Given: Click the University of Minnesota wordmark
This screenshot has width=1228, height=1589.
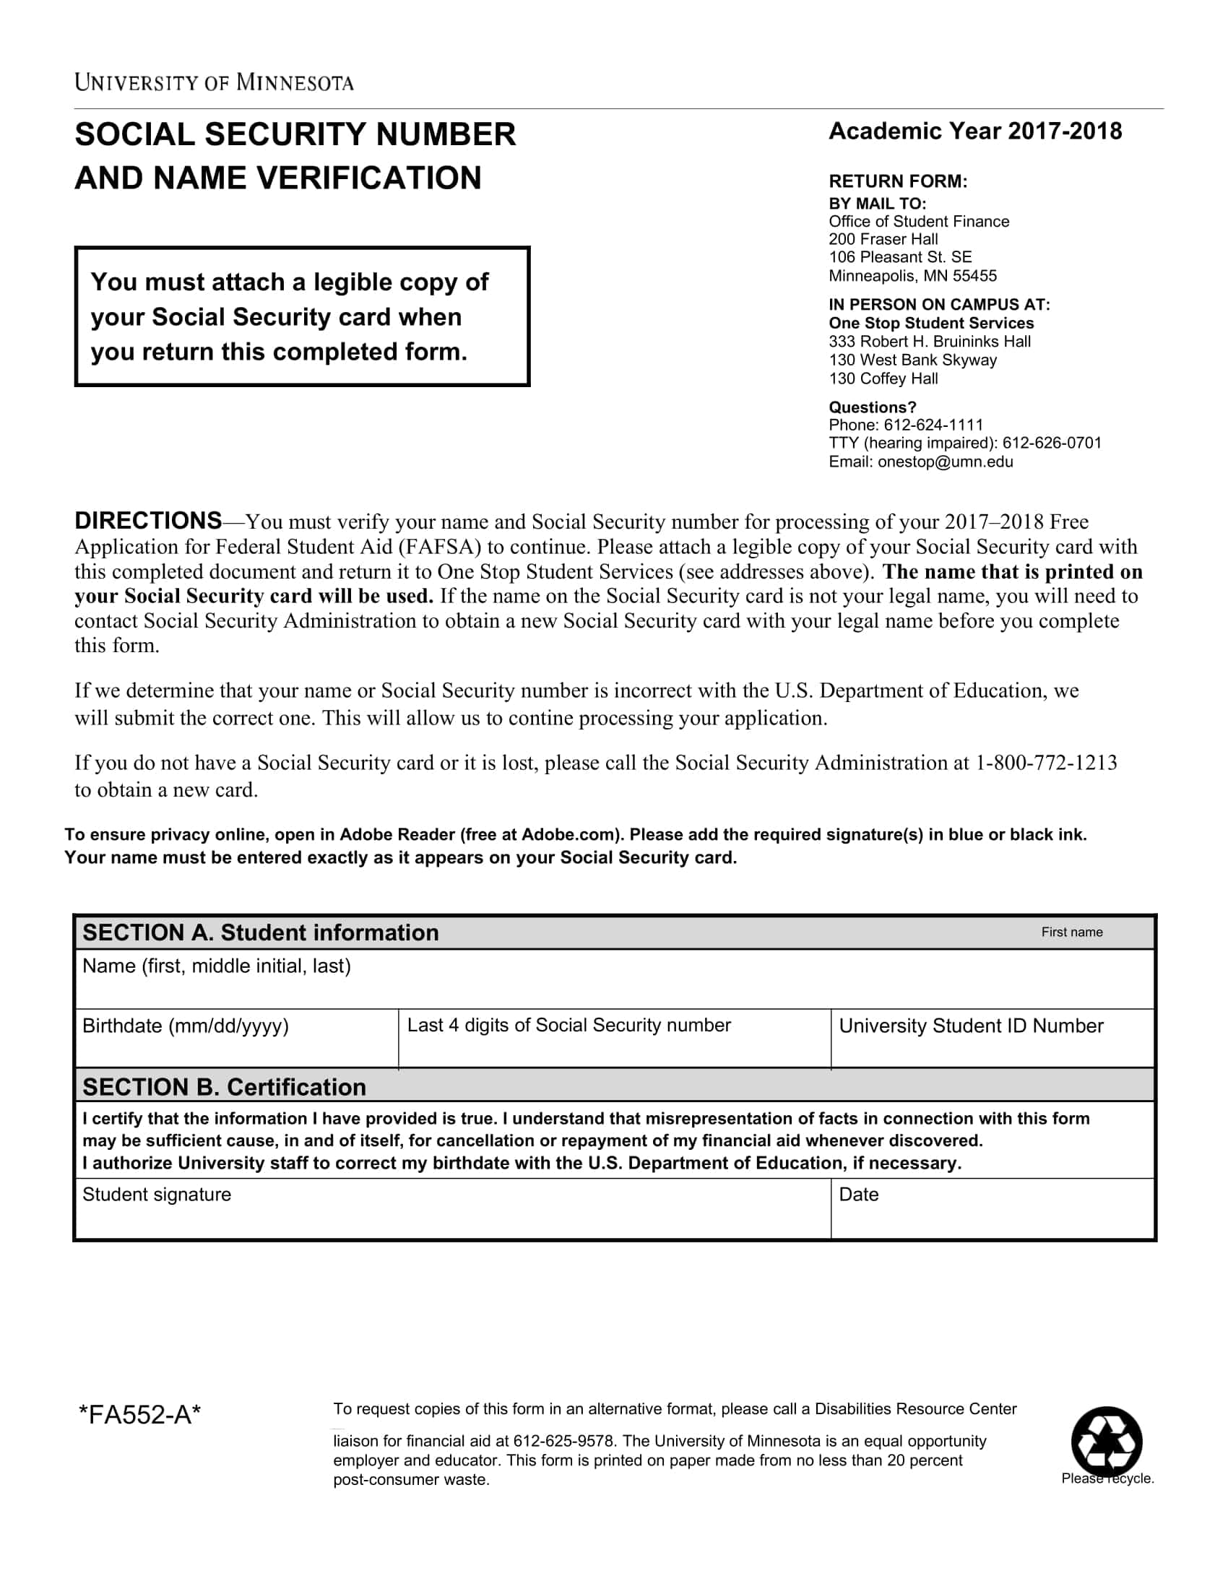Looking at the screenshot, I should click(x=214, y=82).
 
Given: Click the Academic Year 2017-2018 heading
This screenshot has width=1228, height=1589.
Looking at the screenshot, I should click(x=975, y=131).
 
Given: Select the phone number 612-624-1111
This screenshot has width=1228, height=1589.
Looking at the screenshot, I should click(x=933, y=425).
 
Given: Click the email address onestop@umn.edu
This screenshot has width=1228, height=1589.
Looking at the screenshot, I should click(x=945, y=462).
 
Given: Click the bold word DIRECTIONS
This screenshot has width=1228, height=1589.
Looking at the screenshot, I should click(x=147, y=521).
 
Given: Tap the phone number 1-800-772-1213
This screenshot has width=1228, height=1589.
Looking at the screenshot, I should click(x=1046, y=763).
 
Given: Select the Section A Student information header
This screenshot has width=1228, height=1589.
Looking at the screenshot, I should click(x=261, y=932).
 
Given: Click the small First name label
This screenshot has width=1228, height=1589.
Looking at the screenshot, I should click(x=1071, y=932).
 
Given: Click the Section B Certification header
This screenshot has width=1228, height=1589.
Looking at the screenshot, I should click(x=224, y=1087).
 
